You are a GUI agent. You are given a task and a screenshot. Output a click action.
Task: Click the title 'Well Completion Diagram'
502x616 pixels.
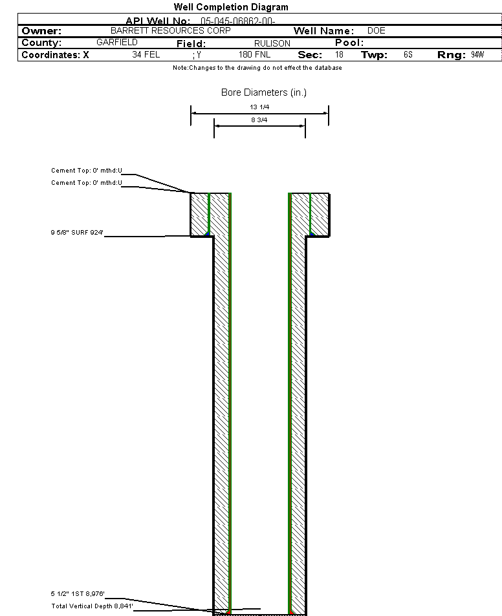pos(231,7)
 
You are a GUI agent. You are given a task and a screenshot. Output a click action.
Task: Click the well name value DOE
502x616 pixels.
pos(376,30)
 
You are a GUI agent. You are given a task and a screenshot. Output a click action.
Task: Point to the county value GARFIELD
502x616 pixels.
pos(117,42)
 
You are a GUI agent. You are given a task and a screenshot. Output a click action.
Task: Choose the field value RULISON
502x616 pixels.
pos(272,43)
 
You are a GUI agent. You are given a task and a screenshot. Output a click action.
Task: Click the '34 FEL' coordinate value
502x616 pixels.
pos(146,55)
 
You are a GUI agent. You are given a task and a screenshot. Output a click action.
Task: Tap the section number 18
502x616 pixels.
pos(339,55)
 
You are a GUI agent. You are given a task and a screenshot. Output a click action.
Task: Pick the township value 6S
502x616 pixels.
pos(408,55)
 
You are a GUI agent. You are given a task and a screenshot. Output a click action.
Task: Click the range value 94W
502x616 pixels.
pos(477,55)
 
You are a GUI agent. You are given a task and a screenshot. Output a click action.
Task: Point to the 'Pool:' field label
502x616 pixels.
pos(349,43)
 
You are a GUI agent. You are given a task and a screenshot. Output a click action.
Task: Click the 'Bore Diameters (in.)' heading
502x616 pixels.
pos(264,92)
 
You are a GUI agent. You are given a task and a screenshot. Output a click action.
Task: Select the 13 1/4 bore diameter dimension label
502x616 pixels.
pos(259,107)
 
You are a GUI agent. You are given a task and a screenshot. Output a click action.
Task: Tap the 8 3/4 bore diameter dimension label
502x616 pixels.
pos(259,120)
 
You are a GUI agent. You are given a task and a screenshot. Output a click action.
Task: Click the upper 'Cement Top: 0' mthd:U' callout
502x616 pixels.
pos(87,171)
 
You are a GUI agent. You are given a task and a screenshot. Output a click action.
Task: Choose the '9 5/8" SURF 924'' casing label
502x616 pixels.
pos(77,233)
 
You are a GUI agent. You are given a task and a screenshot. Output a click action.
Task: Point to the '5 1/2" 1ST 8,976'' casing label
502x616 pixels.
pos(78,594)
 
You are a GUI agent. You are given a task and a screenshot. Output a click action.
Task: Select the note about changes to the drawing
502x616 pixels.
pos(257,68)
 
